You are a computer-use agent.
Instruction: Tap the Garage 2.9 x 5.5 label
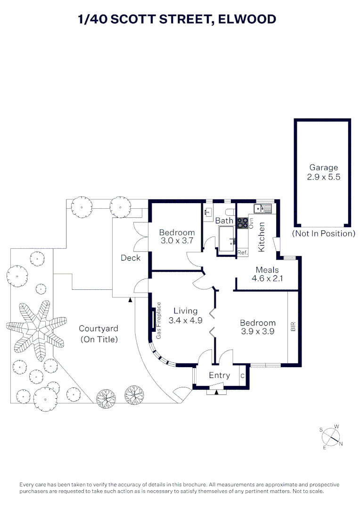(323, 172)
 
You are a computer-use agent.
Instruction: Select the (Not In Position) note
(323, 233)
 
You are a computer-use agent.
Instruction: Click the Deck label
(131, 258)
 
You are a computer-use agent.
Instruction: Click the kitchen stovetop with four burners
(242, 223)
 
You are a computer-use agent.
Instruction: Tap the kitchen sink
(262, 208)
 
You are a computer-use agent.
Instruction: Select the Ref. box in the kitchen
(242, 253)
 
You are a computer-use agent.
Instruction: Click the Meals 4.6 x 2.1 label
(267, 274)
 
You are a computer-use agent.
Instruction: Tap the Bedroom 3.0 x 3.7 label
(177, 237)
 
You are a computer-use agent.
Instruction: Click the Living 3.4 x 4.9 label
(185, 315)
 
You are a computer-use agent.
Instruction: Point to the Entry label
(219, 375)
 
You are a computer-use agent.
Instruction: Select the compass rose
(331, 437)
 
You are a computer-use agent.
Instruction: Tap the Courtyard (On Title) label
(98, 334)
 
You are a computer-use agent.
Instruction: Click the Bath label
(224, 221)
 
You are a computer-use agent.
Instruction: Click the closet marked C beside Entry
(242, 376)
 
